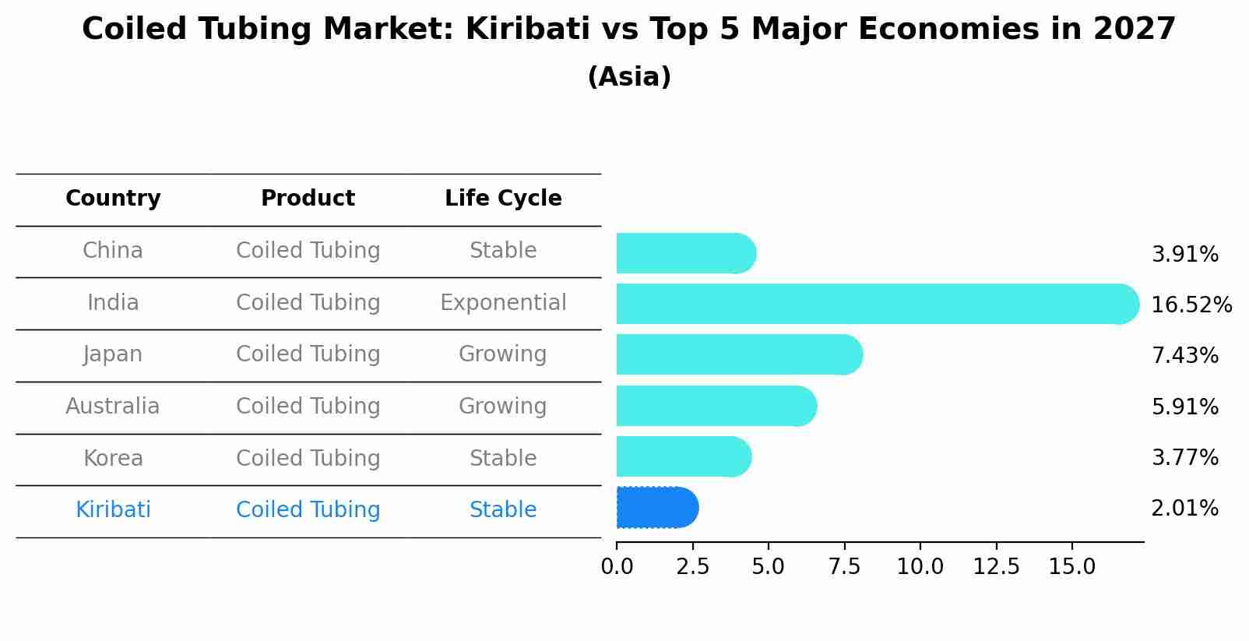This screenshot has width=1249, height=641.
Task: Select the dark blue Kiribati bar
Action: (656, 508)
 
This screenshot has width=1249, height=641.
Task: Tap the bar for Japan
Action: (738, 354)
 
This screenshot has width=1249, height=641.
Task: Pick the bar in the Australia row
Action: (715, 406)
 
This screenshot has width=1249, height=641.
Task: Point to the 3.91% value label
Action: (1184, 255)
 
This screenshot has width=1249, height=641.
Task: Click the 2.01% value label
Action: (1184, 509)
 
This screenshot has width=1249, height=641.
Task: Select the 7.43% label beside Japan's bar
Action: (1184, 356)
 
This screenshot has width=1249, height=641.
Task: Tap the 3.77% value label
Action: (1184, 458)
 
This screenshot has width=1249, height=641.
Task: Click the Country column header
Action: (113, 199)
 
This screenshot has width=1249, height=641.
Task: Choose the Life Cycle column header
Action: (503, 199)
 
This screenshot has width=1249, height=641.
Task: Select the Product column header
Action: (308, 199)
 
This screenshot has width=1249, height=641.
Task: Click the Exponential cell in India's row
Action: (503, 302)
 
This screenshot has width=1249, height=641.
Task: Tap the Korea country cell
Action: (113, 458)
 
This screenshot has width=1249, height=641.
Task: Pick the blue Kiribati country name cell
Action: (113, 510)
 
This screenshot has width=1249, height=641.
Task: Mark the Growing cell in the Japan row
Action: (503, 354)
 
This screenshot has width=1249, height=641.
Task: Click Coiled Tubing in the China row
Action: (308, 251)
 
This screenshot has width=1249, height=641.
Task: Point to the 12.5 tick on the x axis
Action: (996, 567)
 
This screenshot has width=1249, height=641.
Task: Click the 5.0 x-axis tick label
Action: (768, 567)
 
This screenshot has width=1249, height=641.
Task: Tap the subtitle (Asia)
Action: (629, 77)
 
